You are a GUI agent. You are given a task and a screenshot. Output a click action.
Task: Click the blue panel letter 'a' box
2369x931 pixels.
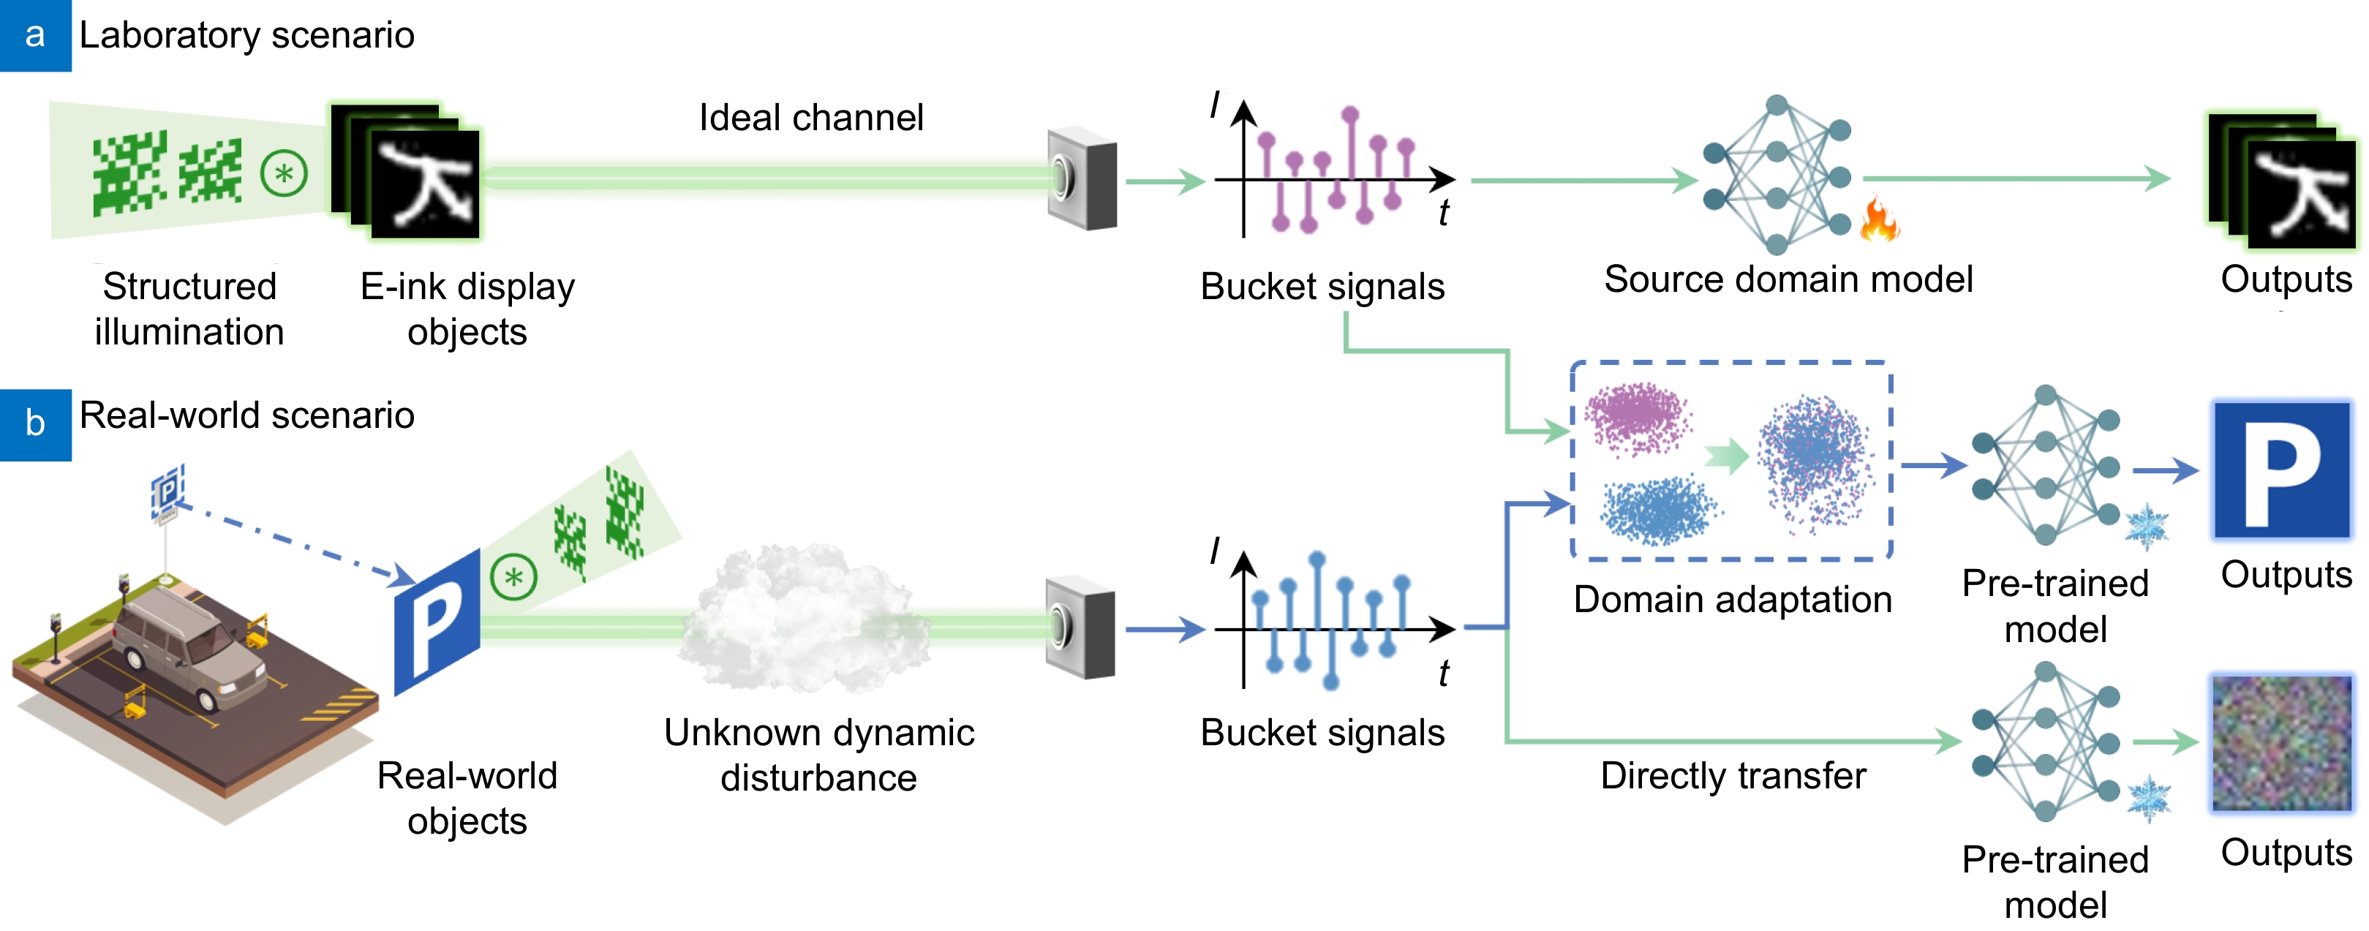[35, 35]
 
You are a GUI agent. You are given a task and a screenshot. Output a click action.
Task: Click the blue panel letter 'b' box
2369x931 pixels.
[35, 424]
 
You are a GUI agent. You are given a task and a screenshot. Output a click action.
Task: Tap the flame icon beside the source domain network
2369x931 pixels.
[1879, 220]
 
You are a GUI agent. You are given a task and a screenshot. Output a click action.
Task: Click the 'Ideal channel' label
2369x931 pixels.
[810, 118]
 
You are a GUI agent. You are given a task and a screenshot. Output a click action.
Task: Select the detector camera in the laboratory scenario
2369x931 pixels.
[1082, 179]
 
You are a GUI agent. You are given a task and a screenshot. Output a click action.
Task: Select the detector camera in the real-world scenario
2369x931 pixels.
[1080, 627]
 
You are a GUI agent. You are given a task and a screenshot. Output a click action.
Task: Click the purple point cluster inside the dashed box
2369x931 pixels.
[1638, 418]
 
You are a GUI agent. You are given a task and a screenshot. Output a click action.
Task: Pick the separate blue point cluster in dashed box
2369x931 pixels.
[1657, 511]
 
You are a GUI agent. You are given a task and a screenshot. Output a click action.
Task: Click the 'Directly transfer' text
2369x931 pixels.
[1733, 775]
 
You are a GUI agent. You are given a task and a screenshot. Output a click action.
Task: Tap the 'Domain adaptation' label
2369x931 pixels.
[1733, 600]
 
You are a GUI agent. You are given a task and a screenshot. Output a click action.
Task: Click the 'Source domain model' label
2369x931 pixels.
[1788, 279]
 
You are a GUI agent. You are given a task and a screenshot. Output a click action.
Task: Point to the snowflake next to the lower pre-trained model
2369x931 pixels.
[2148, 799]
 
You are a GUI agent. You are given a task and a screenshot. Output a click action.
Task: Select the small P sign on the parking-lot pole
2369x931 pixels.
[167, 489]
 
